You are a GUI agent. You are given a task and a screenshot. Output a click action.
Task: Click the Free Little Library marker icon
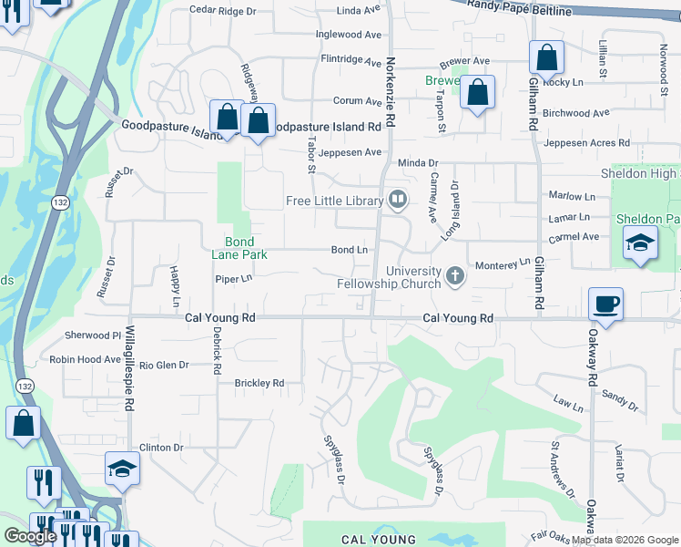point(397,200)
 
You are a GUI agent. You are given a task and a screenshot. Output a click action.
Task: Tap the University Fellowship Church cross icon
point(455,274)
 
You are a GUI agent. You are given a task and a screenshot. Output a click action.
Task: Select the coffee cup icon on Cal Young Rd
point(605,304)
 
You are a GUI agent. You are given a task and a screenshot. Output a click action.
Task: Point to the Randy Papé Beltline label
point(519,7)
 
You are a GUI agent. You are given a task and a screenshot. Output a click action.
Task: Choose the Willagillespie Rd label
point(130,366)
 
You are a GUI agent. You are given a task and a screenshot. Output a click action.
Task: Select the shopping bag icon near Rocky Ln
point(545,58)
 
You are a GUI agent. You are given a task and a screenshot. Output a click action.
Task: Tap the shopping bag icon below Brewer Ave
point(477,92)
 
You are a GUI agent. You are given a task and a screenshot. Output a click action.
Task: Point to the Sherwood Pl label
point(92,335)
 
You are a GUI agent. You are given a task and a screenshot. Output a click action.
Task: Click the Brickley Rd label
point(259,383)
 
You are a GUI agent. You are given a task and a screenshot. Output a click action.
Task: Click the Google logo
point(30,536)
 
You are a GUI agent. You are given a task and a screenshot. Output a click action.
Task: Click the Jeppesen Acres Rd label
point(586,143)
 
